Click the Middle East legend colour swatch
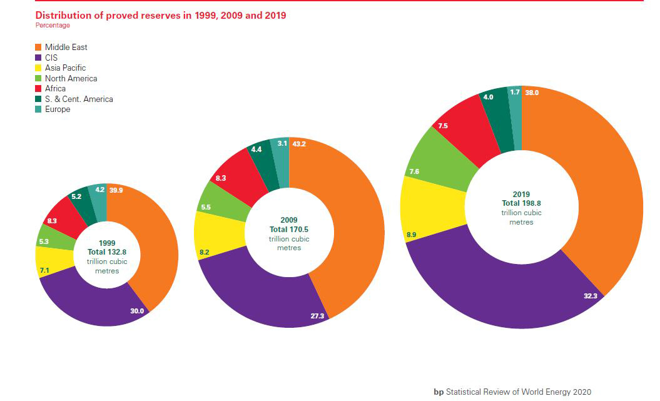tap(38, 48)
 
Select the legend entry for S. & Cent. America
tap(79, 99)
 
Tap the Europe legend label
tap(58, 109)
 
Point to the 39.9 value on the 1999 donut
tap(116, 190)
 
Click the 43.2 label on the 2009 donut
tap(299, 145)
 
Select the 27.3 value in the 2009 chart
tap(317, 317)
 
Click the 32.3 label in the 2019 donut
tap(590, 296)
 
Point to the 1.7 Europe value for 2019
tap(515, 93)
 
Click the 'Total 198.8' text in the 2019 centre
tap(520, 203)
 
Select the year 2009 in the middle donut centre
tap(288, 220)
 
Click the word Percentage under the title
tap(53, 26)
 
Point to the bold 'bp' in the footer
tap(439, 392)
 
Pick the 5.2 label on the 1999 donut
tap(77, 196)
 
